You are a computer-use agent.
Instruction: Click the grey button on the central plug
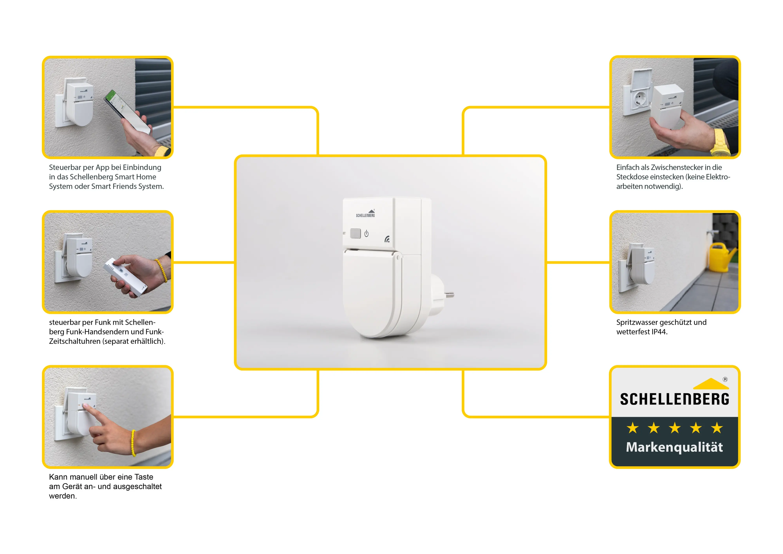[355, 233]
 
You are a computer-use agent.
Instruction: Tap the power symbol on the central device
[366, 234]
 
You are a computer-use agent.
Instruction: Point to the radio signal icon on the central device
[387, 239]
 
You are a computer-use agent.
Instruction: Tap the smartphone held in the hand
[127, 111]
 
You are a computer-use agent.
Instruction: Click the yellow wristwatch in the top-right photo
[720, 143]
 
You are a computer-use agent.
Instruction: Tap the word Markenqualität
[674, 447]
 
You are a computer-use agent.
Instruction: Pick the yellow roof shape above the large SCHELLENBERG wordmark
[711, 384]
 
